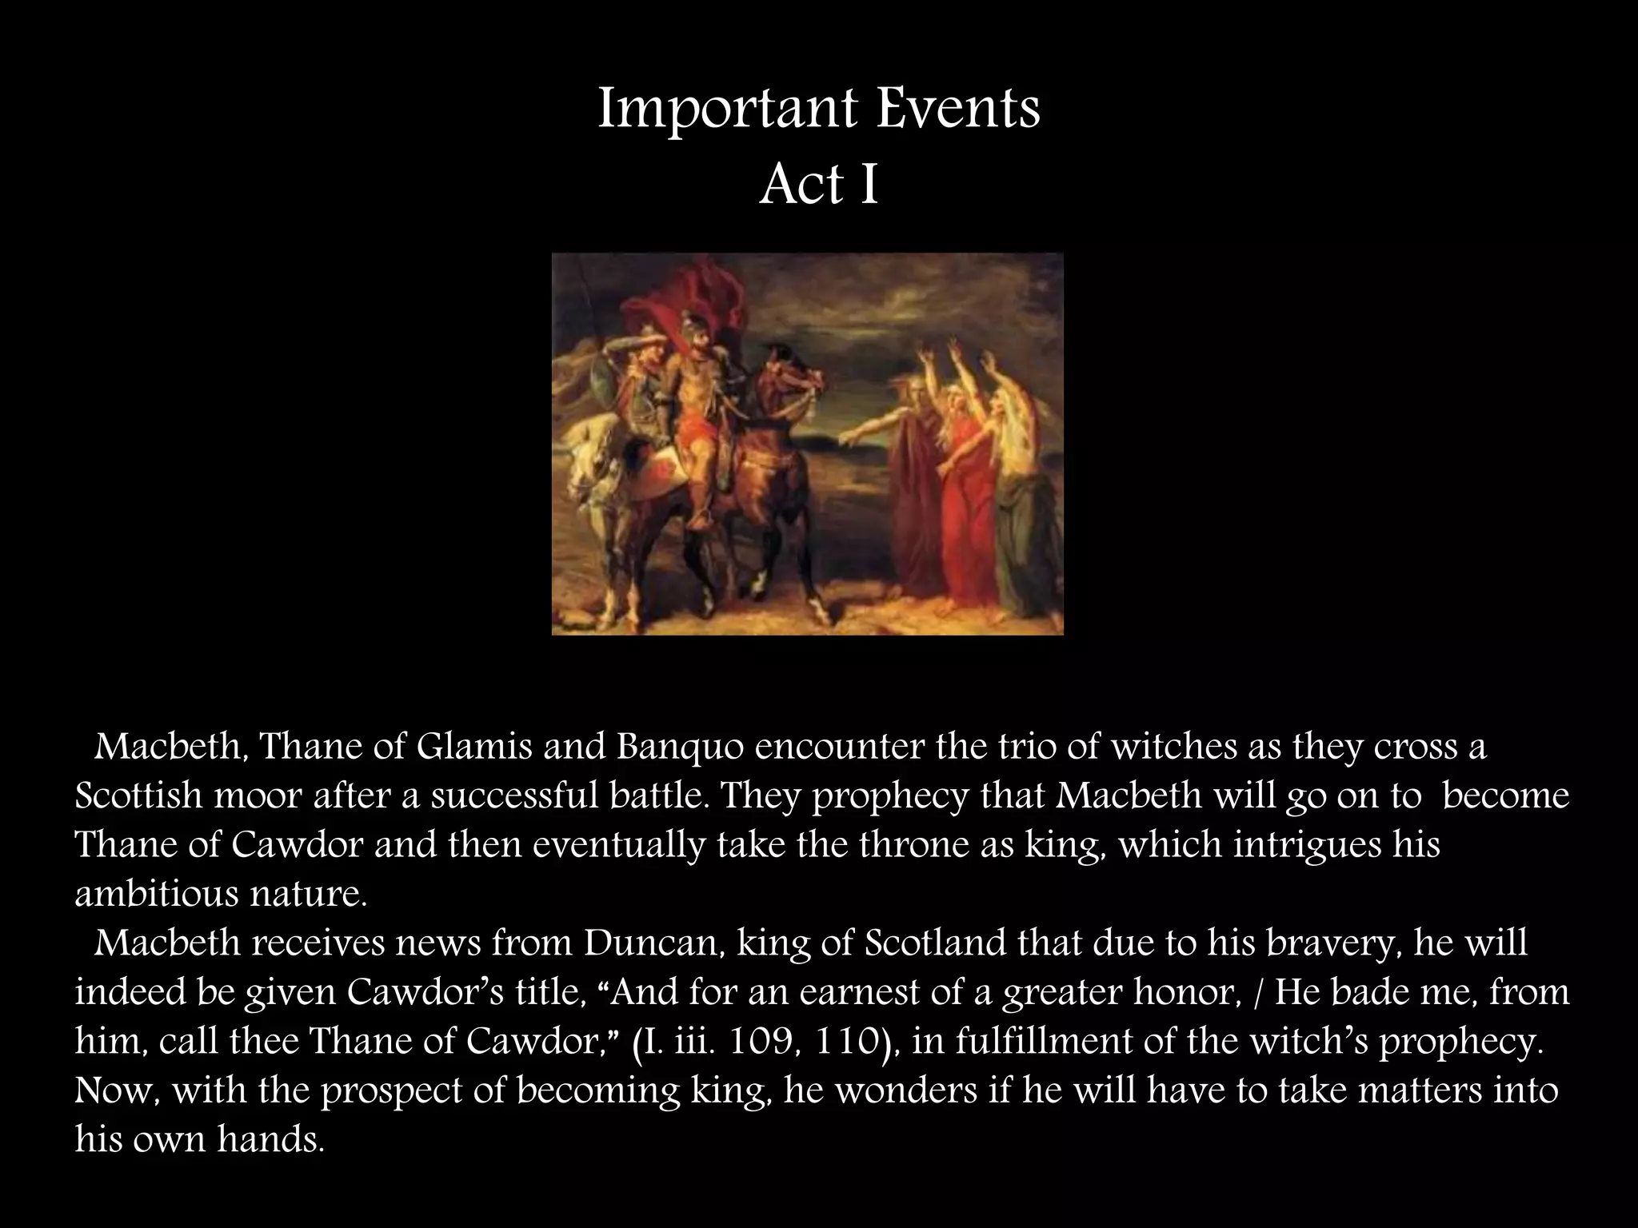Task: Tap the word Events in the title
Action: pos(957,109)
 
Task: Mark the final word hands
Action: pos(270,1139)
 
